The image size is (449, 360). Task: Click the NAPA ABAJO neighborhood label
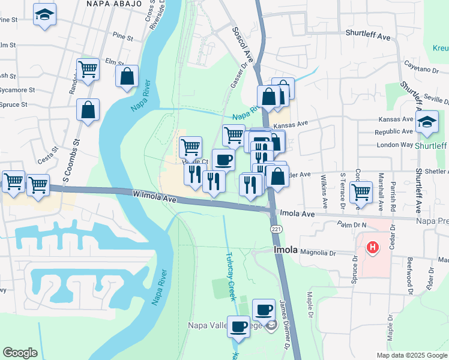114,4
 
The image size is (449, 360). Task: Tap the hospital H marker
373,246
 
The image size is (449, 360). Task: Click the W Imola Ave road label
155,196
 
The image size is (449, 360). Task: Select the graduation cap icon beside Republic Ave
427,122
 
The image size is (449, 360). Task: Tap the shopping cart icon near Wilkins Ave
360,193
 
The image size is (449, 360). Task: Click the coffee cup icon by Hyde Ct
223,160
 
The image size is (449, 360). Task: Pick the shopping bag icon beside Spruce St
88,110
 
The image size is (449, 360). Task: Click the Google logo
20,353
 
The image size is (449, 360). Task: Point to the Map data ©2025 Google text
411,355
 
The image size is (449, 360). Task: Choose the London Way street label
394,145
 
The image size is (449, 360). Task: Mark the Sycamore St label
13,90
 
